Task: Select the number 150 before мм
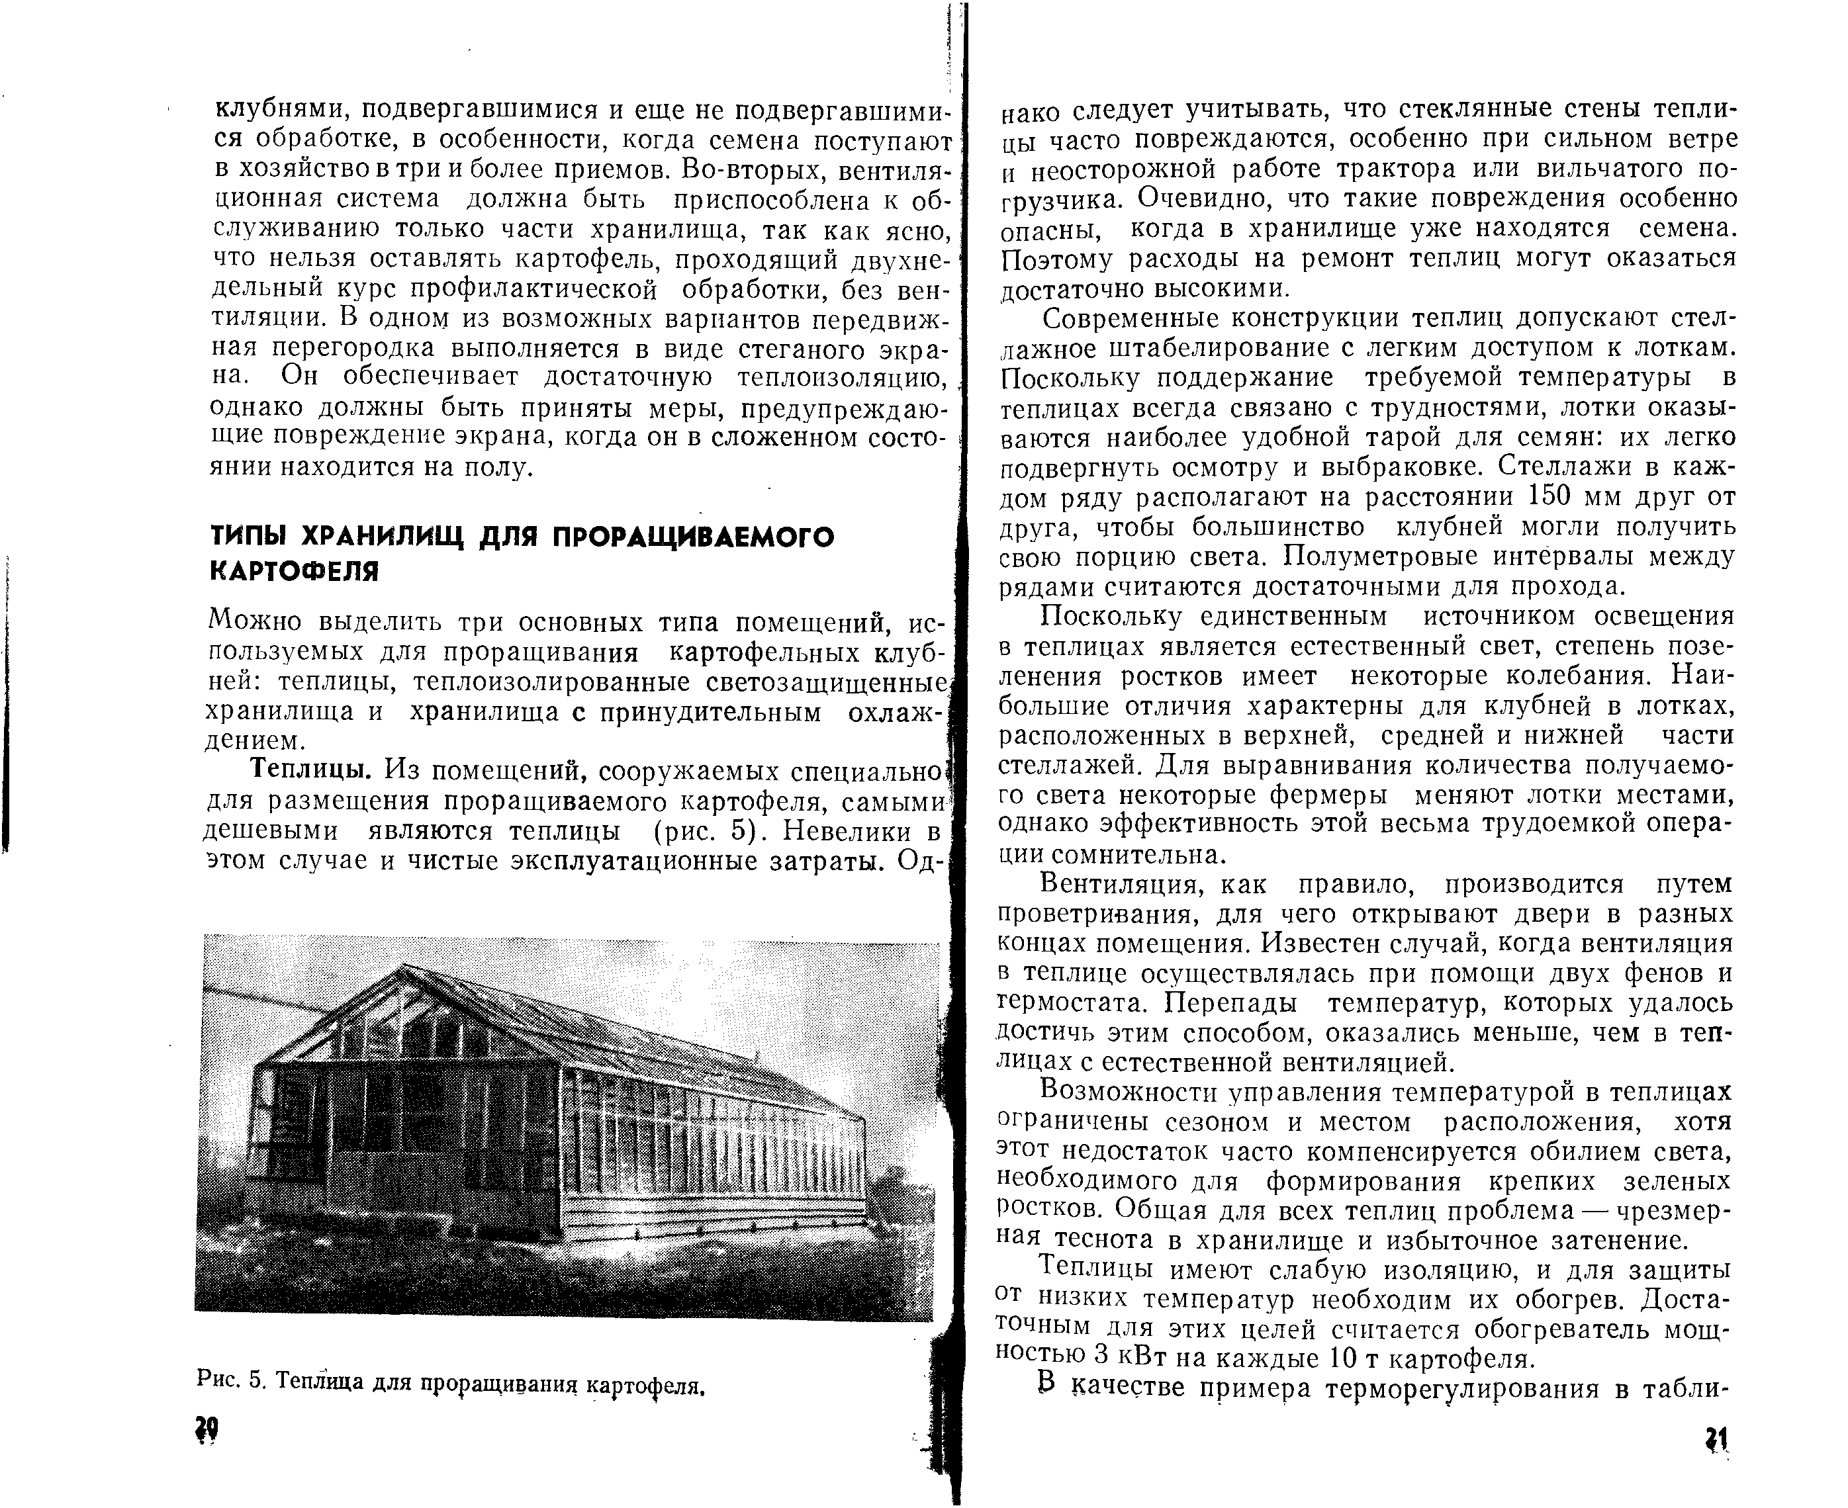1547,497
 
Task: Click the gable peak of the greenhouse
404,967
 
